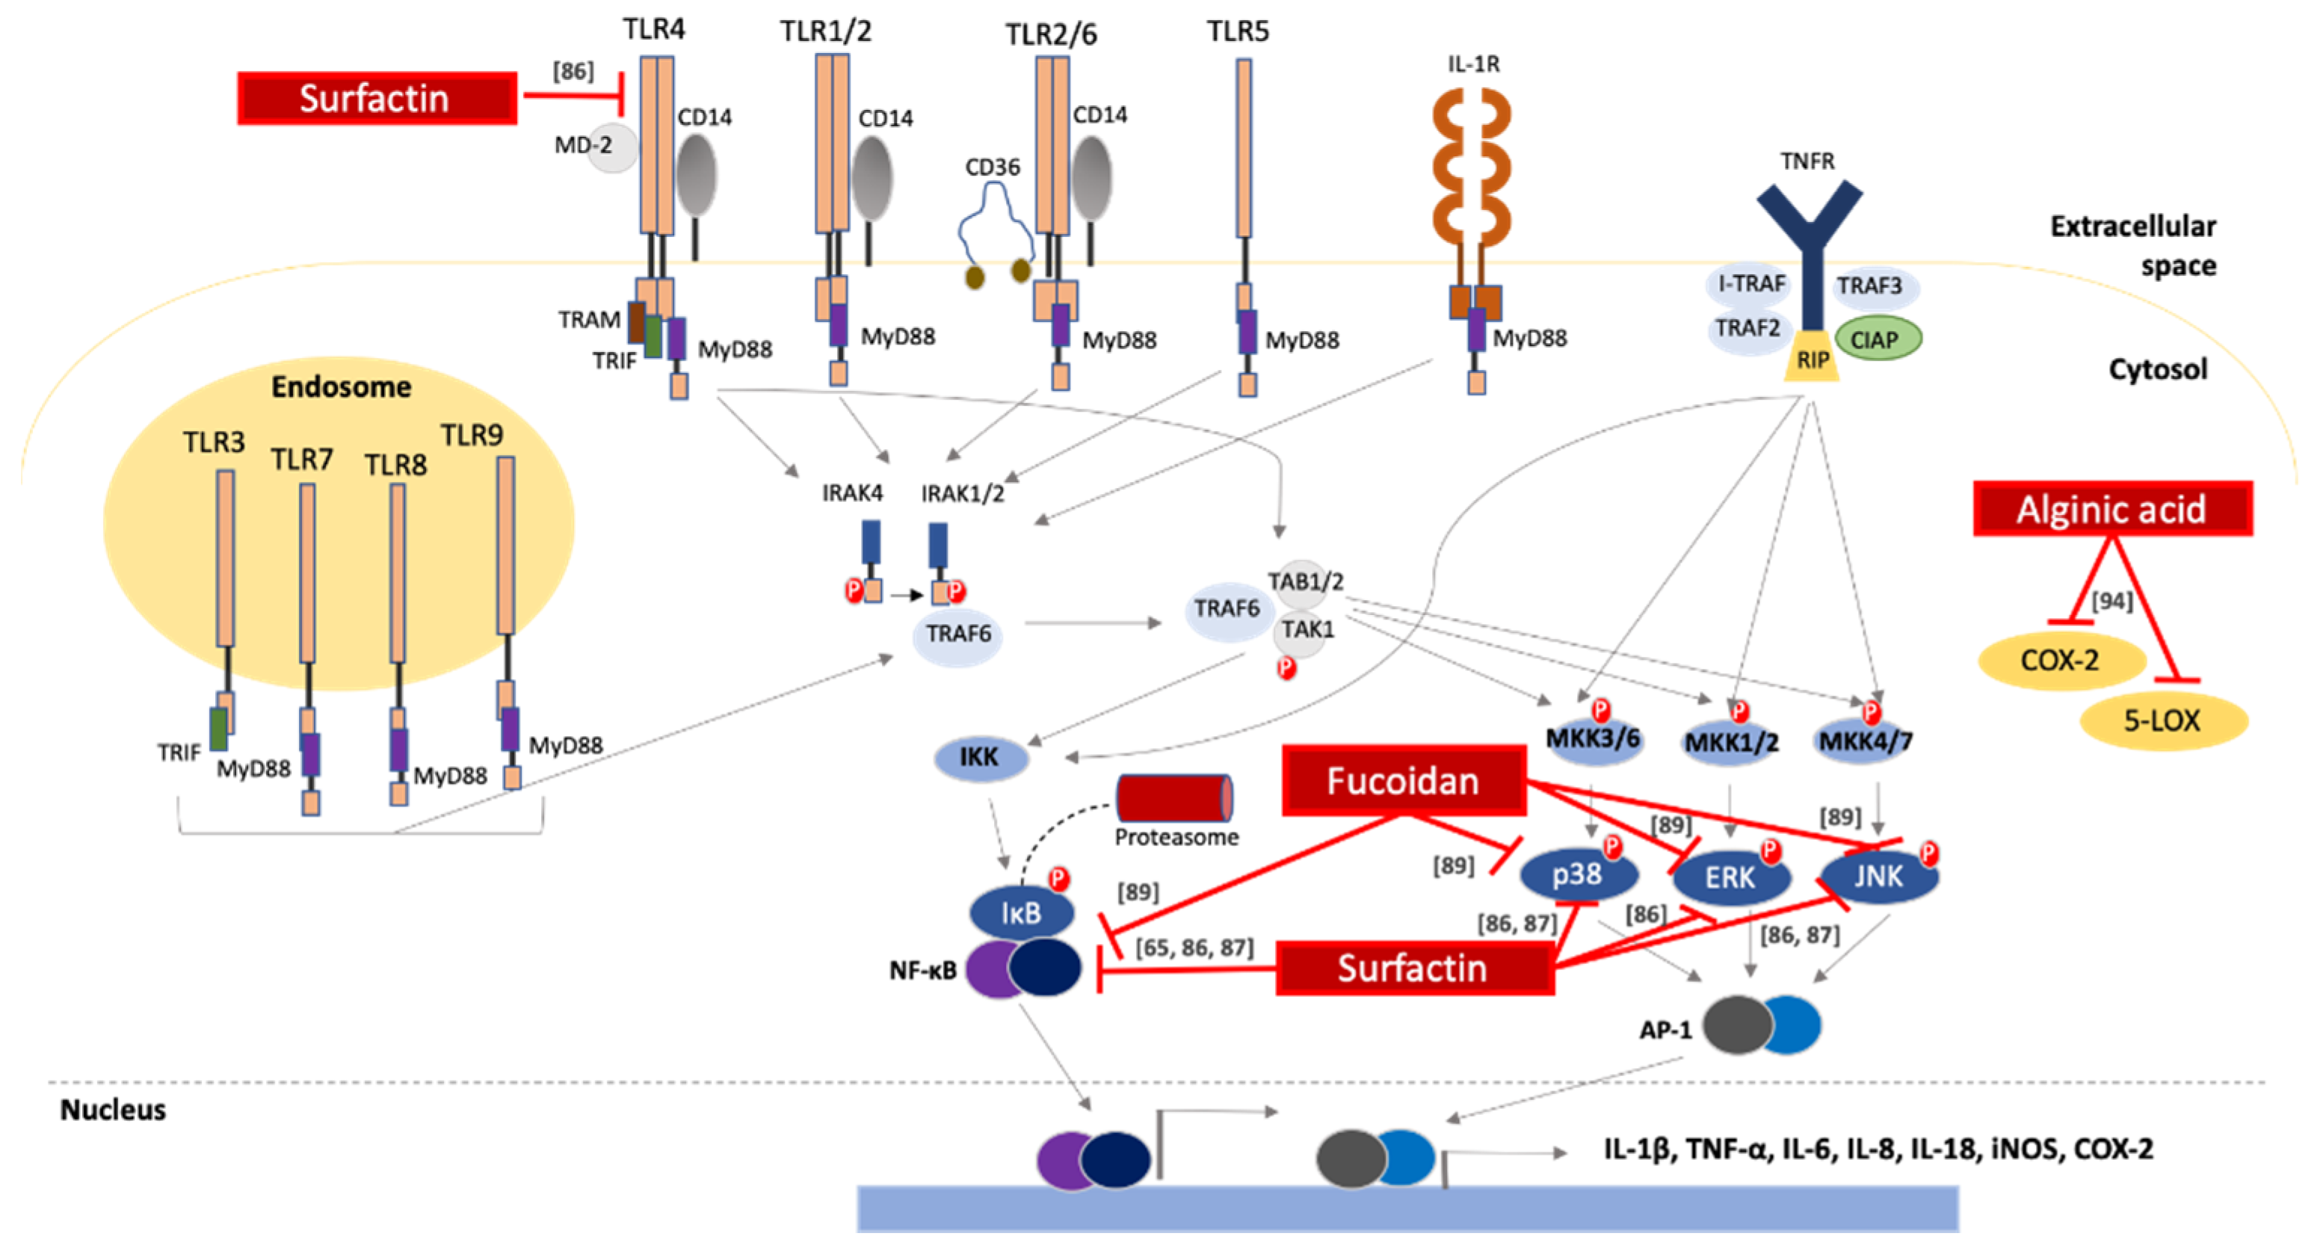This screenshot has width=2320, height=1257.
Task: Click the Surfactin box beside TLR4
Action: [x=377, y=98]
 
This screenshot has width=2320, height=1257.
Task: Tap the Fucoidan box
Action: [x=1403, y=781]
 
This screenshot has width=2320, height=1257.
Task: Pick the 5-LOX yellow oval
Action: [x=2162, y=720]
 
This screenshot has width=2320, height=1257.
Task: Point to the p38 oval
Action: [x=1577, y=874]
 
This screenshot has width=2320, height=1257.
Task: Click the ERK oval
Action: [x=1730, y=877]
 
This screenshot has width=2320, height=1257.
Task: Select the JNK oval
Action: [x=1879, y=875]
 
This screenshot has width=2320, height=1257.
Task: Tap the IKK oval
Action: [x=980, y=757]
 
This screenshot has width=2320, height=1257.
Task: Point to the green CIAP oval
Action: [x=1877, y=339]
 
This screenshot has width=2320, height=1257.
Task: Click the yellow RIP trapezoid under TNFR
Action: [x=1812, y=359]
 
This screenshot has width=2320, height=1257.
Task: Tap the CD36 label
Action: [x=992, y=167]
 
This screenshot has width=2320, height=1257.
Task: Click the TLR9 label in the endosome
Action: [x=471, y=436]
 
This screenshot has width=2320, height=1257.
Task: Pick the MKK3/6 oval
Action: [x=1592, y=740]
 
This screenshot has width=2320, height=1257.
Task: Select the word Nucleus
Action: [x=113, y=1109]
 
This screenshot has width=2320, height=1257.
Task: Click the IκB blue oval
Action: [x=1021, y=912]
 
